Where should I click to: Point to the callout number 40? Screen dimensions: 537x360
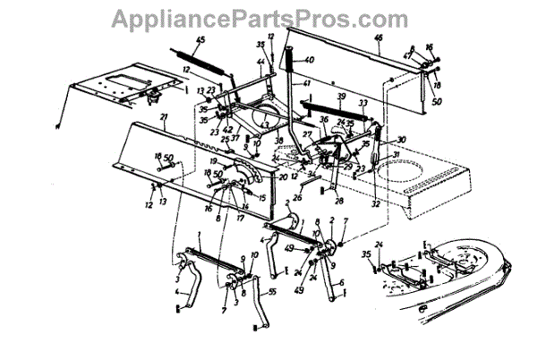click(x=310, y=60)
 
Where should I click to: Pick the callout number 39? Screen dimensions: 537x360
click(x=341, y=96)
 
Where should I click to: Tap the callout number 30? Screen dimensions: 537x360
click(x=402, y=139)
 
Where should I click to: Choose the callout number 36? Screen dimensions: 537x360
click(x=324, y=118)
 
